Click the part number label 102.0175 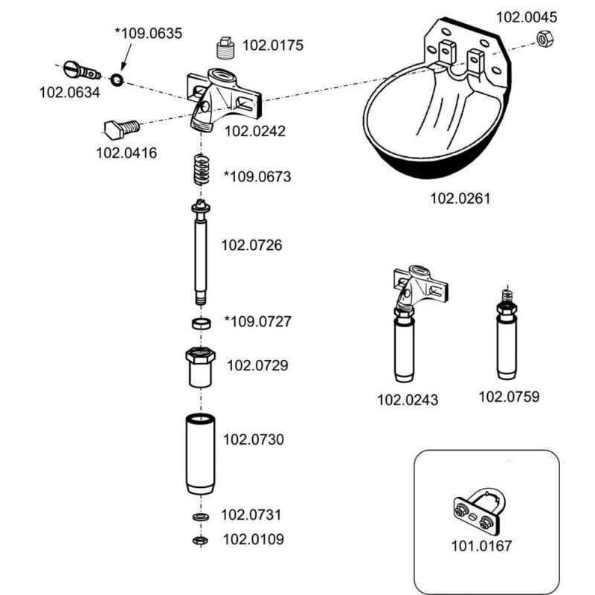click(x=273, y=45)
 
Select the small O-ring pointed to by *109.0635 click(x=118, y=79)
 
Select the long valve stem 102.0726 click(x=201, y=253)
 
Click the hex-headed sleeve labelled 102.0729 click(x=200, y=367)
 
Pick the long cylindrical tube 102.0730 click(x=200, y=455)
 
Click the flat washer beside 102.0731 click(x=199, y=516)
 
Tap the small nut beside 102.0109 click(x=199, y=539)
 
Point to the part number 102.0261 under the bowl click(x=460, y=199)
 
